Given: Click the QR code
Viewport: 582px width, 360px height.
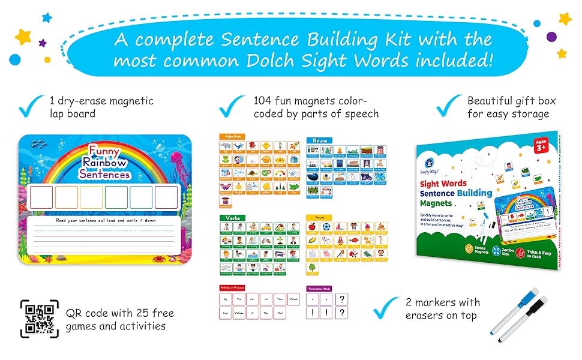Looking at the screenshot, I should (x=39, y=318).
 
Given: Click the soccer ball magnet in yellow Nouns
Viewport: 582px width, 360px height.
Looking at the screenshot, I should (x=325, y=227).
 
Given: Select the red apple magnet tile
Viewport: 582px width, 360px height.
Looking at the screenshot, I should (x=311, y=227).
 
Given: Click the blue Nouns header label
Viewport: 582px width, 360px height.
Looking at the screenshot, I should (x=319, y=140).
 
